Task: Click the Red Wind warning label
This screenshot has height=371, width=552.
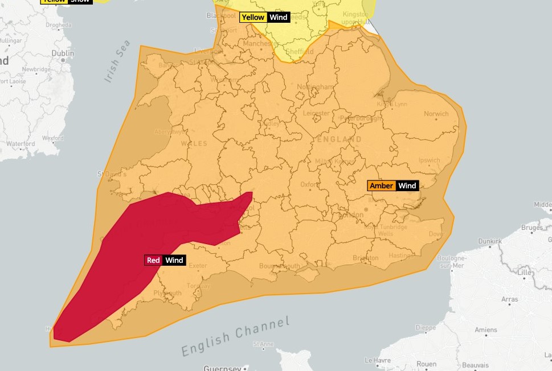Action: (x=165, y=260)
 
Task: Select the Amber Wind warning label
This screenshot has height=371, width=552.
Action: (x=393, y=186)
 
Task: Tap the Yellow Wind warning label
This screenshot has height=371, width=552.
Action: (x=265, y=17)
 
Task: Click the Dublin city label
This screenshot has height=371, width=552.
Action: (x=63, y=53)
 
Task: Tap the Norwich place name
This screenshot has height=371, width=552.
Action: (x=436, y=114)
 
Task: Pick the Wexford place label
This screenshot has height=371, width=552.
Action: (x=52, y=138)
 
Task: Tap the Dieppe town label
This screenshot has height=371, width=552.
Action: (x=426, y=327)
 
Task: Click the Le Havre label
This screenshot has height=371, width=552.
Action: (x=377, y=360)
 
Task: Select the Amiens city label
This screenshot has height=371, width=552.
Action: (x=485, y=329)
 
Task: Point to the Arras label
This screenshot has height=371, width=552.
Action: (x=509, y=299)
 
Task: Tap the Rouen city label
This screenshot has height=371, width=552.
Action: (x=427, y=364)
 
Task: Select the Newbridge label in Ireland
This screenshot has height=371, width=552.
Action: (x=36, y=69)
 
